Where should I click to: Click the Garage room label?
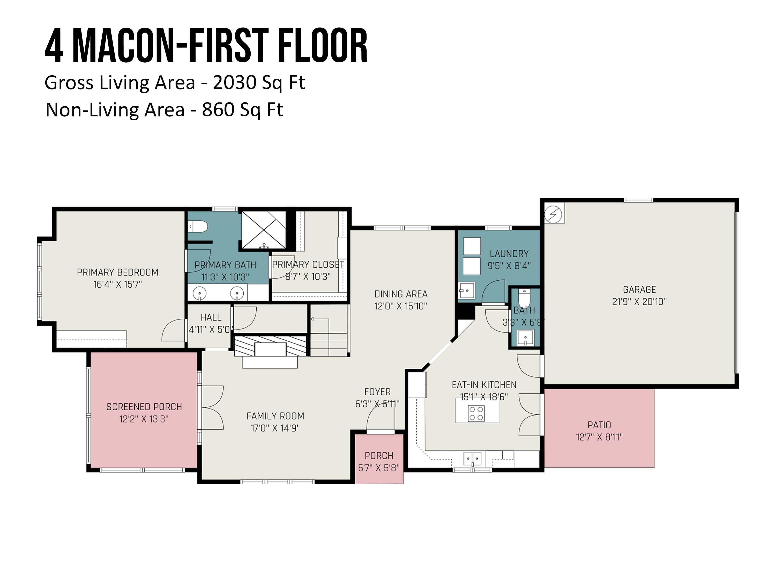pos(639,289)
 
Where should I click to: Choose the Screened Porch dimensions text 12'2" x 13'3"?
pos(144,419)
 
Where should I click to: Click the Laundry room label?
pos(509,254)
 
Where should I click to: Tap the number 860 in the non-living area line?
pos(218,110)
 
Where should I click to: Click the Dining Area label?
pos(401,294)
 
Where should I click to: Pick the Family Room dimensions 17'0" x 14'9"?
pos(275,428)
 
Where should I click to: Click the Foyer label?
pos(377,392)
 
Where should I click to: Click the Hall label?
pos(211,317)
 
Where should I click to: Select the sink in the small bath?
pos(525,338)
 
